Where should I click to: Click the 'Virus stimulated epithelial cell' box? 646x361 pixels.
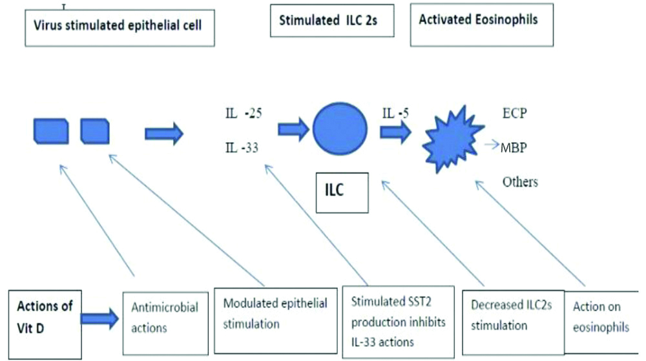coord(119,29)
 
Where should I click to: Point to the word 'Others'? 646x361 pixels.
coord(520,181)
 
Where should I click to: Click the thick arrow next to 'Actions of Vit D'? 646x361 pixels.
coord(101,317)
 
